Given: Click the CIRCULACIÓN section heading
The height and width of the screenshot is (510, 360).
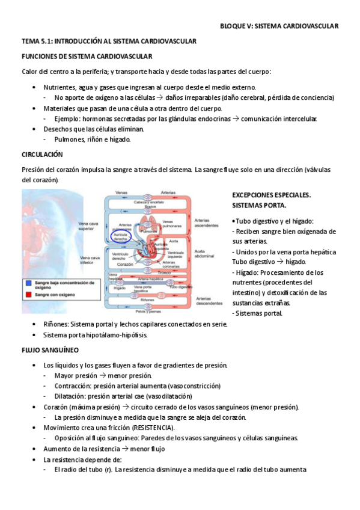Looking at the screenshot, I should click(x=42, y=155).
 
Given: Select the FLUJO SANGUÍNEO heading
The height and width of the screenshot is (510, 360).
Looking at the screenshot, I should click(x=50, y=349).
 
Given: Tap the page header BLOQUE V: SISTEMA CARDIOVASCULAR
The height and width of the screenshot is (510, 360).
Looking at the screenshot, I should click(x=279, y=26).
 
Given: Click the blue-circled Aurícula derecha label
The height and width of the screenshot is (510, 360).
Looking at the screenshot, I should click(x=120, y=236).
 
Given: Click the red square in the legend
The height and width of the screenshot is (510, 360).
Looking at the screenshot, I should click(x=28, y=295).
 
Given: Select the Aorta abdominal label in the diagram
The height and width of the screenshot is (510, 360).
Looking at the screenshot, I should click(x=205, y=253).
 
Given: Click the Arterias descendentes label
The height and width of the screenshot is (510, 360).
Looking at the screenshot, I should click(x=209, y=301).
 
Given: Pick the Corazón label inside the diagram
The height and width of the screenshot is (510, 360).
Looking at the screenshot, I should click(x=125, y=265).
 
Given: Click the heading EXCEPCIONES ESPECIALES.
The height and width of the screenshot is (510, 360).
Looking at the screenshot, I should click(x=271, y=195).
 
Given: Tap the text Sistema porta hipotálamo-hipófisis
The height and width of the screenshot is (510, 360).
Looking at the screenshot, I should click(x=95, y=335).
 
